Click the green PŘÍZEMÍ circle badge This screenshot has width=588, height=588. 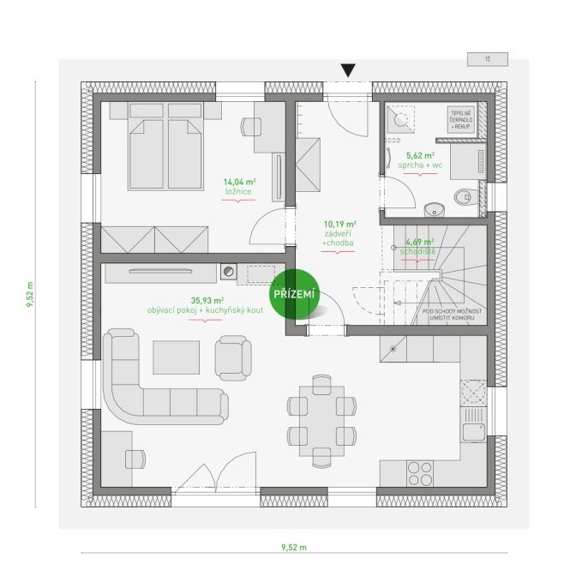[294, 294]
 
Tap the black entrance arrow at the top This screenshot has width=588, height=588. [348, 70]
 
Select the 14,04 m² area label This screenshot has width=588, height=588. [240, 182]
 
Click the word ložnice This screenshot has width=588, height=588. [238, 192]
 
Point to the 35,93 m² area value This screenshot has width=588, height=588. [207, 300]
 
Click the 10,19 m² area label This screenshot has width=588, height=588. [339, 225]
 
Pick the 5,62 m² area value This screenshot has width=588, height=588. [420, 155]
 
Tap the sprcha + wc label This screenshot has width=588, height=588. [420, 165]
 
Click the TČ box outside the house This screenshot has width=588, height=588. [488, 59]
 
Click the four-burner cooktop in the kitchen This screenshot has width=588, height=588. [420, 474]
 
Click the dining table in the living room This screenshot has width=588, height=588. [321, 421]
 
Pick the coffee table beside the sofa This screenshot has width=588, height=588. [176, 357]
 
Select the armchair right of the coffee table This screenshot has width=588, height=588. [233, 358]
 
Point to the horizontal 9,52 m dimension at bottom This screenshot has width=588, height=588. [294, 548]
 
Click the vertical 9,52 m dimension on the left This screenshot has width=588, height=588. [30, 295]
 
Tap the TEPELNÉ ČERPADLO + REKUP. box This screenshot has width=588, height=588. [461, 120]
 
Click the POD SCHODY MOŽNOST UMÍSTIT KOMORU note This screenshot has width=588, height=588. [452, 315]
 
